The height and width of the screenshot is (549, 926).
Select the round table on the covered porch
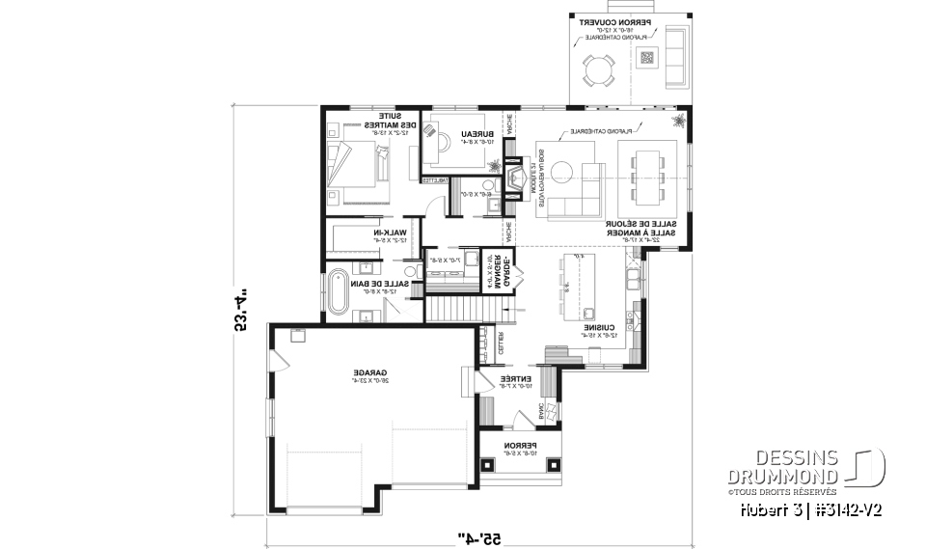tap(598, 69)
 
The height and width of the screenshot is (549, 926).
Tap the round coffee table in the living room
tap(563, 172)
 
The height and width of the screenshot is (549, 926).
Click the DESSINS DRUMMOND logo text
tap(797, 465)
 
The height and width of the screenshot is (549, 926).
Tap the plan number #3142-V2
tap(850, 508)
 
